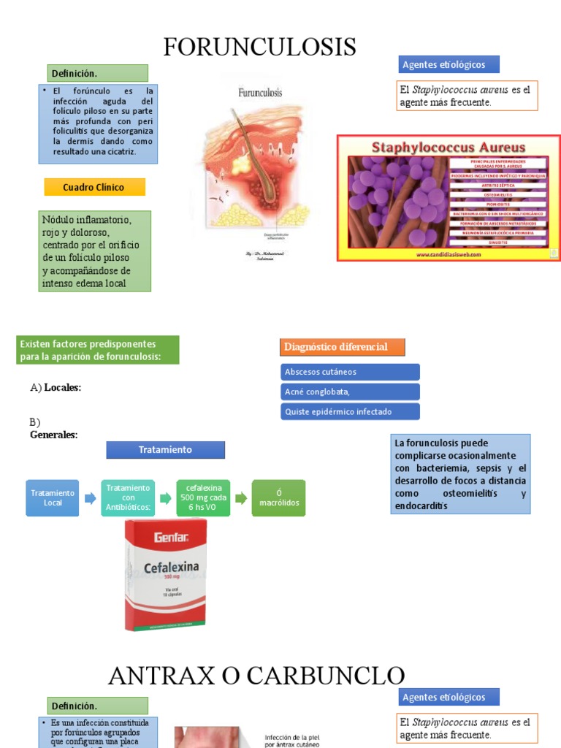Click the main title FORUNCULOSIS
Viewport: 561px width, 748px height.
click(259, 47)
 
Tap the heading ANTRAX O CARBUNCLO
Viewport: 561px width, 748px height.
click(256, 676)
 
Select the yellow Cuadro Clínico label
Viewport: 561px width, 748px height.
click(94, 187)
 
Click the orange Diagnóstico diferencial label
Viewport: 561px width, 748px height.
click(342, 347)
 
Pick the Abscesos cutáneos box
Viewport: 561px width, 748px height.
click(350, 372)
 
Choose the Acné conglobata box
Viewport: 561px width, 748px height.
click(350, 392)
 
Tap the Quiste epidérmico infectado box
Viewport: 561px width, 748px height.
click(350, 412)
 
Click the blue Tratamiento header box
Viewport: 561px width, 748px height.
click(165, 450)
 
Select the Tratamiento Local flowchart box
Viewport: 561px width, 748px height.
click(53, 498)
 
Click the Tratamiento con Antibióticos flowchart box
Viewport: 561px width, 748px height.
click(128, 498)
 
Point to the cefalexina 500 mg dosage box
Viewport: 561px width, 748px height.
click(203, 498)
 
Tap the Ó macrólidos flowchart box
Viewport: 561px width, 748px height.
click(278, 498)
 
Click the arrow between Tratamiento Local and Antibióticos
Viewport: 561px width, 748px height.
click(90, 499)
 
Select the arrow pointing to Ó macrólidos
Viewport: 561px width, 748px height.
click(241, 499)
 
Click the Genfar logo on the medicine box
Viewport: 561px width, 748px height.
click(171, 539)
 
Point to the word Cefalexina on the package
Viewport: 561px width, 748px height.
click(171, 566)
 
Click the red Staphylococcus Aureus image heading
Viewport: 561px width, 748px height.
click(448, 147)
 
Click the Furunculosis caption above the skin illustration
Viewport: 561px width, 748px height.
click(260, 93)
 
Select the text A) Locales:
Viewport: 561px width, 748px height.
click(56, 388)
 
